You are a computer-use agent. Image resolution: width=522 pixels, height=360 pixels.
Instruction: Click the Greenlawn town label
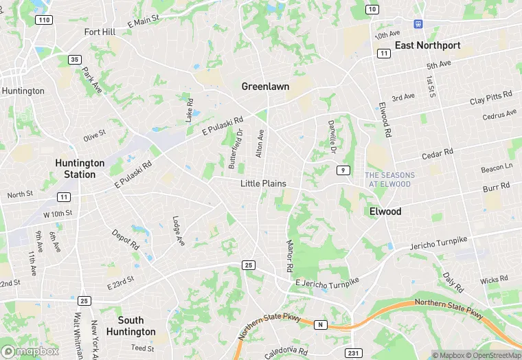click(x=265, y=87)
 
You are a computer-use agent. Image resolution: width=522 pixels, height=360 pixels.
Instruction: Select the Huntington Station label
click(x=80, y=168)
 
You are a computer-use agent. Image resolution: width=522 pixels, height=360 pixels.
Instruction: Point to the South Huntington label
click(x=130, y=326)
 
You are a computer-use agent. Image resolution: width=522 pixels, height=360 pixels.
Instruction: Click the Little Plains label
click(x=263, y=183)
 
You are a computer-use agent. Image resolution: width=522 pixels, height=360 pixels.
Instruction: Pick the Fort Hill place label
click(x=100, y=32)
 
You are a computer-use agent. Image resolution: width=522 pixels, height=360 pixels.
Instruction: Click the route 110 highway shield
click(x=45, y=20)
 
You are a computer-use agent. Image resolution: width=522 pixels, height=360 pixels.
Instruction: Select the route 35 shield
click(x=75, y=60)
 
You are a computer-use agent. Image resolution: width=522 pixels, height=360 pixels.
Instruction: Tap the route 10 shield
click(x=372, y=9)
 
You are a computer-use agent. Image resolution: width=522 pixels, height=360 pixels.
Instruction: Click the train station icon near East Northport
click(x=417, y=24)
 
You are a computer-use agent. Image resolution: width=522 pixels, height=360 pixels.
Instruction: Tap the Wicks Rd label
click(x=494, y=280)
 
